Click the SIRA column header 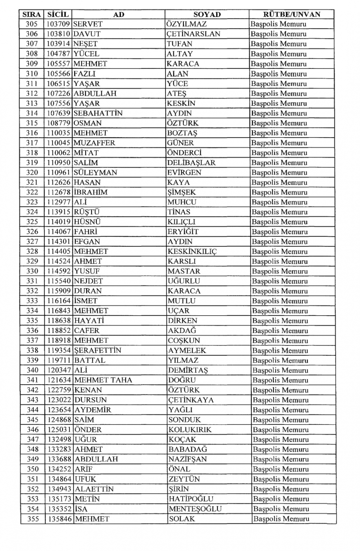click(32, 14)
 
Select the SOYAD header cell click(207, 14)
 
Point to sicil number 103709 click(59, 24)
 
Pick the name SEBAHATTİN click(98, 113)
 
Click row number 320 click(32, 172)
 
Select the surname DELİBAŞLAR click(191, 163)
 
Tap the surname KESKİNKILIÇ click(192, 252)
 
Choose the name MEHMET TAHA click(103, 380)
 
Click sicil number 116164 click(60, 301)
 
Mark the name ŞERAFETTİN click(98, 351)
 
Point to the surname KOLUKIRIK click(190, 430)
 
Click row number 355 click(33, 519)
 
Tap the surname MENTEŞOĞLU click(195, 509)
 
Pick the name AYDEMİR click(93, 410)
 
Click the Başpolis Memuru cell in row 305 click(279, 24)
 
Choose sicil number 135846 click(60, 519)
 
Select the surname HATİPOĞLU click(191, 499)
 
